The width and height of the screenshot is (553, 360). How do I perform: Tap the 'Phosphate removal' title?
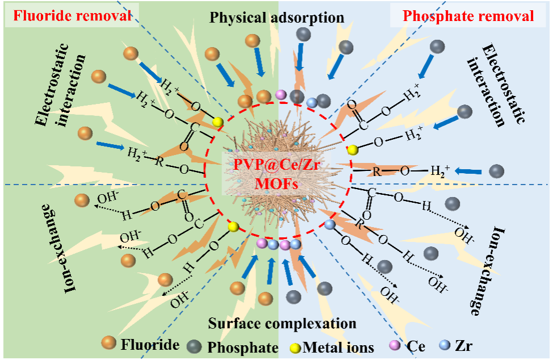coord(468,16)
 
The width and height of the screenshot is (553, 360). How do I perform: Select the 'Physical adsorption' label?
coord(277,18)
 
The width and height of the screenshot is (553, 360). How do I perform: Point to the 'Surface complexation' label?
coord(282,324)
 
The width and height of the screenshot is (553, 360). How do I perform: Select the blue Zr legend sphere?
coord(446,345)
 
